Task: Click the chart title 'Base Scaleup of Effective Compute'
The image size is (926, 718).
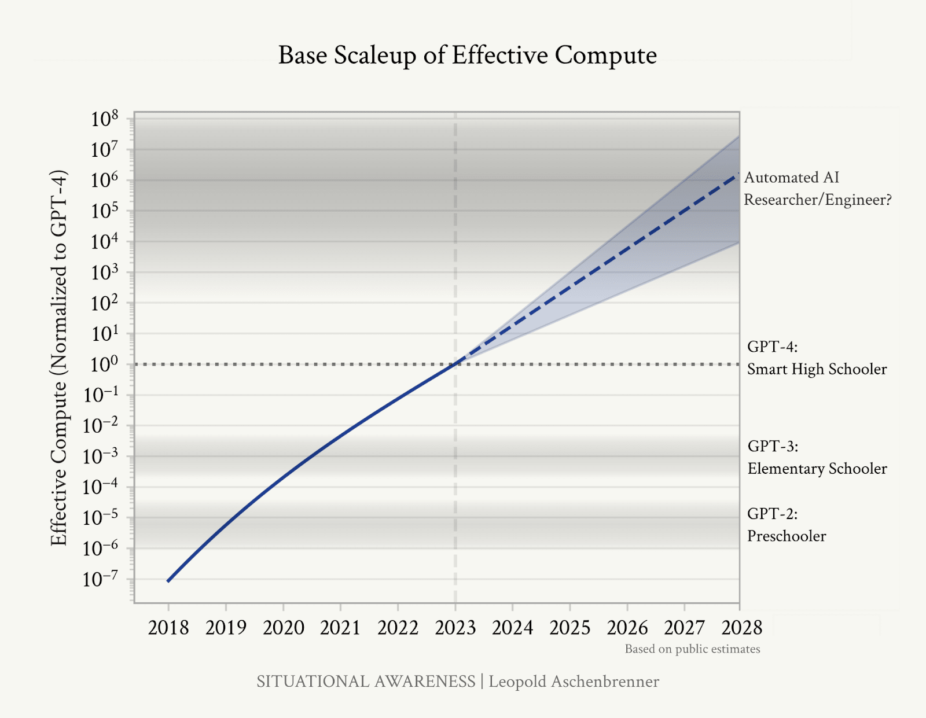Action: click(x=467, y=56)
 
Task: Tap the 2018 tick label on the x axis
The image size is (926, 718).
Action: click(x=168, y=628)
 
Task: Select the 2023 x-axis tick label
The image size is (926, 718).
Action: click(x=455, y=628)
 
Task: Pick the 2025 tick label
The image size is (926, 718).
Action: click(x=570, y=628)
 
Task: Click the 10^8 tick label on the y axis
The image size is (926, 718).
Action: click(x=104, y=119)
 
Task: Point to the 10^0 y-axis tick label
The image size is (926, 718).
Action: click(x=104, y=364)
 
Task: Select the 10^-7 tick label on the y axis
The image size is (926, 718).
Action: click(x=101, y=579)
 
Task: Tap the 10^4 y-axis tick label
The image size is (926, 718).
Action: click(x=104, y=242)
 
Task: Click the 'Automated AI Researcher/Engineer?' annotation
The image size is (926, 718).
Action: click(x=817, y=189)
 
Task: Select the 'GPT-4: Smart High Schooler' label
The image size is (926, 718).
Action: click(x=817, y=358)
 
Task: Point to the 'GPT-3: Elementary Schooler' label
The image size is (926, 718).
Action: click(x=817, y=457)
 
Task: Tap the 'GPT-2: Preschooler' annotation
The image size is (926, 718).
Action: click(x=787, y=525)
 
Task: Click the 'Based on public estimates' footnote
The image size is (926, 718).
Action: click(x=692, y=649)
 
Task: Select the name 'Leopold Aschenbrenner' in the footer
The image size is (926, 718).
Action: click(x=574, y=682)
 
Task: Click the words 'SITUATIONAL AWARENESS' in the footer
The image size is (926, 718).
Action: click(x=366, y=682)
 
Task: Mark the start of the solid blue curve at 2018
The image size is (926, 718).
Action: click(x=168, y=581)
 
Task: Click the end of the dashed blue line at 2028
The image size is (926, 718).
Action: click(x=738, y=174)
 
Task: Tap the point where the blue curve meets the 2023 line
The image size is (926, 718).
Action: click(x=455, y=364)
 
